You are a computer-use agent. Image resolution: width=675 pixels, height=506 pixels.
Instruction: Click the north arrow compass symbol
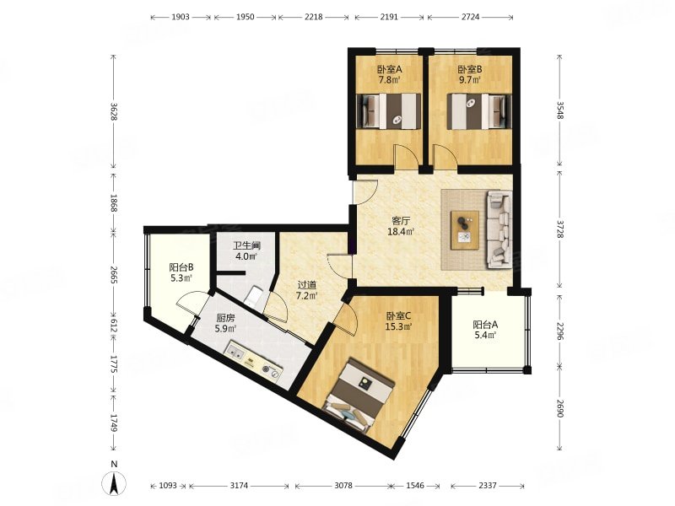click(x=114, y=482)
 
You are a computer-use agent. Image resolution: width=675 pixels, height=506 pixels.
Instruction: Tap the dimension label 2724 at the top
click(x=470, y=17)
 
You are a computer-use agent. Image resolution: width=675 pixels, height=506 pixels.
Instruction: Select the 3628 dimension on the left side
click(x=114, y=111)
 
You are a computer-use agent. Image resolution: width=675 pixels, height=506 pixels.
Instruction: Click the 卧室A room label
click(x=390, y=69)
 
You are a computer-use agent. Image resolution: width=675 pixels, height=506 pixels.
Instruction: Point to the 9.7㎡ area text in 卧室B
click(x=470, y=80)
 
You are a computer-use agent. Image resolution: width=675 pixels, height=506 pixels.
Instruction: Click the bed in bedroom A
click(x=389, y=111)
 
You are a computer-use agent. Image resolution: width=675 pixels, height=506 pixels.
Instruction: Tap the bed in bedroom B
click(x=476, y=111)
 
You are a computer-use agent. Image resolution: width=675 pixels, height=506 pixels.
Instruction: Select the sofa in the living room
click(x=499, y=229)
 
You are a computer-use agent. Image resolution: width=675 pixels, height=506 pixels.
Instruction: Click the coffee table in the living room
click(x=465, y=229)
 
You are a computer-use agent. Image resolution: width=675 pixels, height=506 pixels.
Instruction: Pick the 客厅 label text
click(x=401, y=221)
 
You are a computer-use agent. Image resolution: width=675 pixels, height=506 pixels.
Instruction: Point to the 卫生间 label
click(x=247, y=246)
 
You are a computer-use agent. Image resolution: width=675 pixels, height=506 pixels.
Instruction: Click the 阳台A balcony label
click(x=486, y=325)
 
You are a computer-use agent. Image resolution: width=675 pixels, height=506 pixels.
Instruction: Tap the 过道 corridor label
click(x=307, y=285)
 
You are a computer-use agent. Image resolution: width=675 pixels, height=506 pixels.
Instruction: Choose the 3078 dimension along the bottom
click(x=343, y=486)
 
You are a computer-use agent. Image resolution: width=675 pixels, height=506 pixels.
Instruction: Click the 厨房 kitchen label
click(x=225, y=319)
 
